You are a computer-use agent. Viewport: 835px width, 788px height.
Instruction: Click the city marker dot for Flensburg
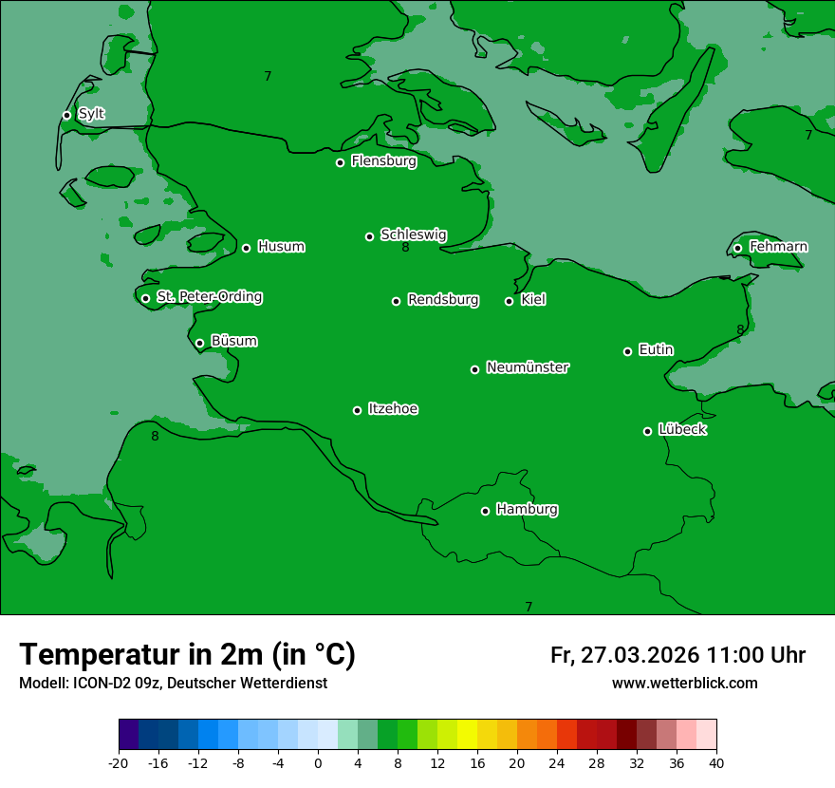[x=340, y=162]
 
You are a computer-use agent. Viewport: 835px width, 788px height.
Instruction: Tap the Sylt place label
[x=91, y=114]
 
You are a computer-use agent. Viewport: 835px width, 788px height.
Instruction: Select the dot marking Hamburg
[x=485, y=511]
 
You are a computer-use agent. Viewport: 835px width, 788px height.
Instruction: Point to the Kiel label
[x=533, y=300]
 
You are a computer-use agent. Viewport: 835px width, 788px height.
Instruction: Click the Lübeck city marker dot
[x=647, y=431]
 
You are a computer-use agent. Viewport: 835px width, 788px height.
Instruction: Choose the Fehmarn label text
[x=778, y=247]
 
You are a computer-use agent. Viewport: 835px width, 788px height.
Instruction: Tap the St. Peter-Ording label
[x=210, y=297]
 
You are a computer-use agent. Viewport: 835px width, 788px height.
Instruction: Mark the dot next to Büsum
[x=199, y=344]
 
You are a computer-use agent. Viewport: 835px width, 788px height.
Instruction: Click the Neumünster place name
[x=528, y=367]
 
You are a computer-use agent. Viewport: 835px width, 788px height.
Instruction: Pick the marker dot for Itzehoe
[x=357, y=410]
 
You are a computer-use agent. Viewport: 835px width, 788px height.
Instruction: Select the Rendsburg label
[x=443, y=300]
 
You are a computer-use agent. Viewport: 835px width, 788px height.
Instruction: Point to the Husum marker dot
[x=246, y=248]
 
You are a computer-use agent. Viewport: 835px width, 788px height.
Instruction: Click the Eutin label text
[x=656, y=350]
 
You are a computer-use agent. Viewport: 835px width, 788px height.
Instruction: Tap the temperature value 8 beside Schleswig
[x=405, y=248]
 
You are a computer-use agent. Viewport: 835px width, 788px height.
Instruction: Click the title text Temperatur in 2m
[x=187, y=654]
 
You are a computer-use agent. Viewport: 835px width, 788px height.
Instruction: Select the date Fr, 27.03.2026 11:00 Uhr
[x=677, y=655]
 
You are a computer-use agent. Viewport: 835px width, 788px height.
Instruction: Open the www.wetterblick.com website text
[x=684, y=684]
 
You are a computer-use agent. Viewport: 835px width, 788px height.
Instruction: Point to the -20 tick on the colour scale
[x=119, y=762]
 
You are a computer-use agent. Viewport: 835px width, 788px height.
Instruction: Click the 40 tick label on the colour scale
[x=716, y=762]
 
